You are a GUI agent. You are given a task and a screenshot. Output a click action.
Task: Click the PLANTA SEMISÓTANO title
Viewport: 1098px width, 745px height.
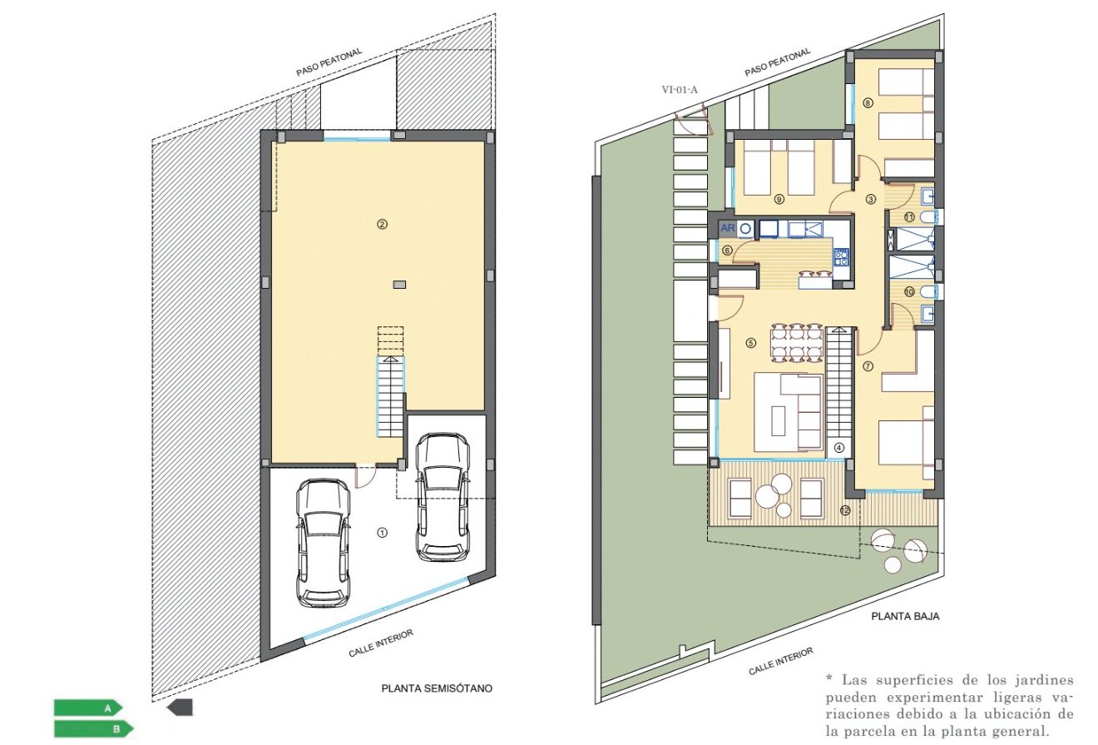pyautogui.click(x=437, y=688)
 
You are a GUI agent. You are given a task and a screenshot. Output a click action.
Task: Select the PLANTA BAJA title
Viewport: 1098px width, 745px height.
pyautogui.click(x=905, y=618)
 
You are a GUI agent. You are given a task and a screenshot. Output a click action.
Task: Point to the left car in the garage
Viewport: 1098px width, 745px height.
pyautogui.click(x=323, y=543)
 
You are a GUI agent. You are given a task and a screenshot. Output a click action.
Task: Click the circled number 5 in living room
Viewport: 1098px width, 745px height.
pyautogui.click(x=750, y=342)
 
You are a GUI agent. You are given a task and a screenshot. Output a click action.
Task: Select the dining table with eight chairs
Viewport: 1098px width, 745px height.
pyautogui.click(x=796, y=342)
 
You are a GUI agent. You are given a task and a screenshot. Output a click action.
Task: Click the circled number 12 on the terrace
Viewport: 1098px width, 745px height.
pyautogui.click(x=845, y=510)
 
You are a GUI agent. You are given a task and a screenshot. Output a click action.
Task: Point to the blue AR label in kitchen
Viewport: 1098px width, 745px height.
pyautogui.click(x=726, y=227)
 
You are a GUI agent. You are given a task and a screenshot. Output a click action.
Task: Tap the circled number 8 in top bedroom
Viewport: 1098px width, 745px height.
pyautogui.click(x=868, y=103)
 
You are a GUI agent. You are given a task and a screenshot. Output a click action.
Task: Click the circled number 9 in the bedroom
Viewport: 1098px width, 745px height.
pyautogui.click(x=779, y=199)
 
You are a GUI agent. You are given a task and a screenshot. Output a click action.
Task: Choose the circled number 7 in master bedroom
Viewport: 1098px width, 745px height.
pyautogui.click(x=868, y=365)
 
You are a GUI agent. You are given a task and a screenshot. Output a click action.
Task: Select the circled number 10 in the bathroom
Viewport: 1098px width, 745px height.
pyautogui.click(x=908, y=291)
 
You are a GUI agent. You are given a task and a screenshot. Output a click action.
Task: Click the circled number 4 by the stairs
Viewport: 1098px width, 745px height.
pyautogui.click(x=838, y=447)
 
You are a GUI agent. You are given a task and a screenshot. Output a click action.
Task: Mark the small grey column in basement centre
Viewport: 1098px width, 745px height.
pyautogui.click(x=400, y=285)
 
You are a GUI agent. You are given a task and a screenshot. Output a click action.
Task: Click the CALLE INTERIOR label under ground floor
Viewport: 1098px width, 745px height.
pyautogui.click(x=781, y=661)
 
